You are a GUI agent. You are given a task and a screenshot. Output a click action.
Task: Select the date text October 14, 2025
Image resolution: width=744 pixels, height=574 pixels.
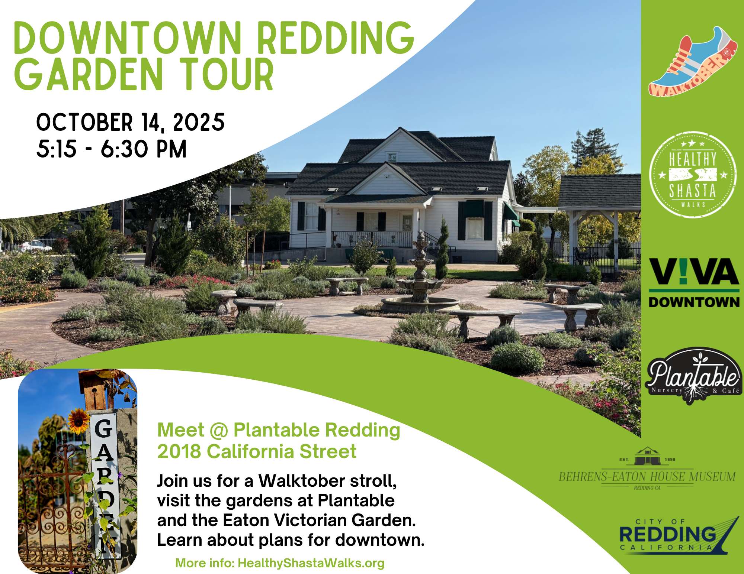(x=130, y=122)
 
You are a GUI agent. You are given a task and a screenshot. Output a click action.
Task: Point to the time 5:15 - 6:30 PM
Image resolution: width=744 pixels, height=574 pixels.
(x=111, y=149)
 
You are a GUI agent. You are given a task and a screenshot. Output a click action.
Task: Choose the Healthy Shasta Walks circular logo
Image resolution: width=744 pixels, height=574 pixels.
(x=693, y=174)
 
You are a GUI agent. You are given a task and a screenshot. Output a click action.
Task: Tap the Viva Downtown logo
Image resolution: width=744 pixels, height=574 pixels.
(x=694, y=283)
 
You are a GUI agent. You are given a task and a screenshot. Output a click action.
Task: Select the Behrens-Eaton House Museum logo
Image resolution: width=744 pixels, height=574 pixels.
(x=647, y=469)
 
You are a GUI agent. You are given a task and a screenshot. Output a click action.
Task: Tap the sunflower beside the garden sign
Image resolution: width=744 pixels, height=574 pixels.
(x=78, y=421)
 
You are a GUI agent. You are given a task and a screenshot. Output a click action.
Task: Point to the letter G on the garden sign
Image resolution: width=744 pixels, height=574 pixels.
(x=103, y=428)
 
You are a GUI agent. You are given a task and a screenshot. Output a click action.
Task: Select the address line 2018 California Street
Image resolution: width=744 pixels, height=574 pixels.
(x=257, y=451)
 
